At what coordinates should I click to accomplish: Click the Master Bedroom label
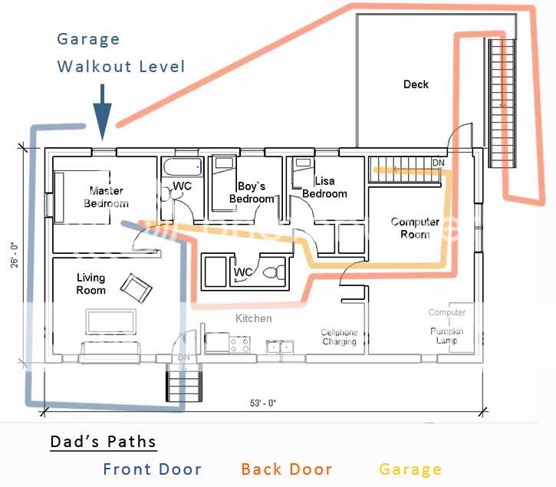(x=106, y=197)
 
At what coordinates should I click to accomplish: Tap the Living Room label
(x=90, y=284)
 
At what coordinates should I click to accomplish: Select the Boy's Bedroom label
(x=255, y=192)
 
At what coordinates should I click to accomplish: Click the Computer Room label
(x=415, y=228)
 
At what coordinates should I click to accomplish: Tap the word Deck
(x=416, y=84)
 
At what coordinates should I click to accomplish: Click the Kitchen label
(x=253, y=318)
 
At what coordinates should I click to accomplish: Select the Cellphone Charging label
(x=339, y=337)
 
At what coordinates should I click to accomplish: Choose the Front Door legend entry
(x=152, y=469)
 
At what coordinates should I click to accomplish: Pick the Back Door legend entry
(x=286, y=469)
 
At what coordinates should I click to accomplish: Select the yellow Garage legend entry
(x=410, y=469)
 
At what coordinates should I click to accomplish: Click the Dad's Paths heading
(x=103, y=443)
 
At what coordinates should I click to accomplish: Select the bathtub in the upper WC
(x=182, y=166)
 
